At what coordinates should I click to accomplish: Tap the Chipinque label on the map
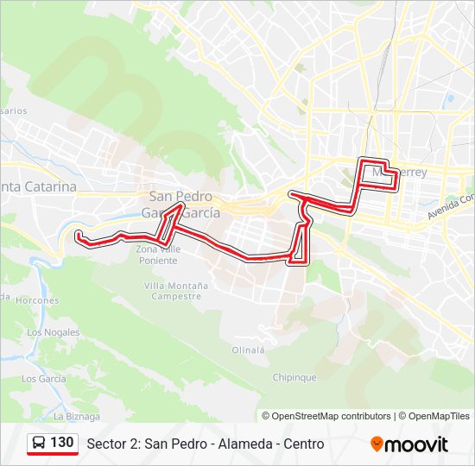[294, 377]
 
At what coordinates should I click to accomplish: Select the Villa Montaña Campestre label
[176, 290]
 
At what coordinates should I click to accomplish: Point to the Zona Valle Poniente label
[158, 254]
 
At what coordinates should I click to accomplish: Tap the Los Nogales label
[53, 332]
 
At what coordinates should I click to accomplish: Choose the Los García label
[43, 379]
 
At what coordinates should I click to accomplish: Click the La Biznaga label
[76, 416]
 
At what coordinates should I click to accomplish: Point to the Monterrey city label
[399, 173]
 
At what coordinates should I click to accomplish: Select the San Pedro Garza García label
[183, 205]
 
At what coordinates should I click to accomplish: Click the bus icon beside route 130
[39, 444]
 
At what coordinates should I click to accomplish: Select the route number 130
[61, 443]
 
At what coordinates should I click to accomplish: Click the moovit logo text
[417, 444]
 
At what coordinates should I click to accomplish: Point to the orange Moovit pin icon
[377, 444]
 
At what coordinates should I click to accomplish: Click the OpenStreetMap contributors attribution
[332, 416]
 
